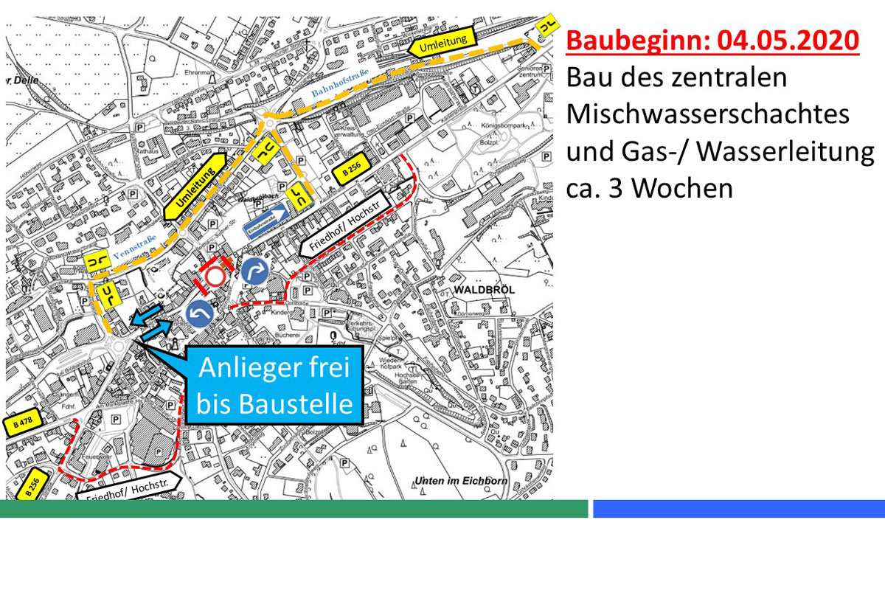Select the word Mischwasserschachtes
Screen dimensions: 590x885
click(x=708, y=114)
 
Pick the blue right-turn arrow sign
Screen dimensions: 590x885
click(x=254, y=271)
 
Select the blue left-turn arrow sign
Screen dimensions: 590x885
click(x=201, y=313)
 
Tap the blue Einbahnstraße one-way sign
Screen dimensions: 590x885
click(x=267, y=218)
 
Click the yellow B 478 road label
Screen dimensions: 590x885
click(x=24, y=423)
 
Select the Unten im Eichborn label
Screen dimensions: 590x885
click(x=462, y=481)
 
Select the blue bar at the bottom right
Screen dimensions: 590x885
click(x=738, y=509)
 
